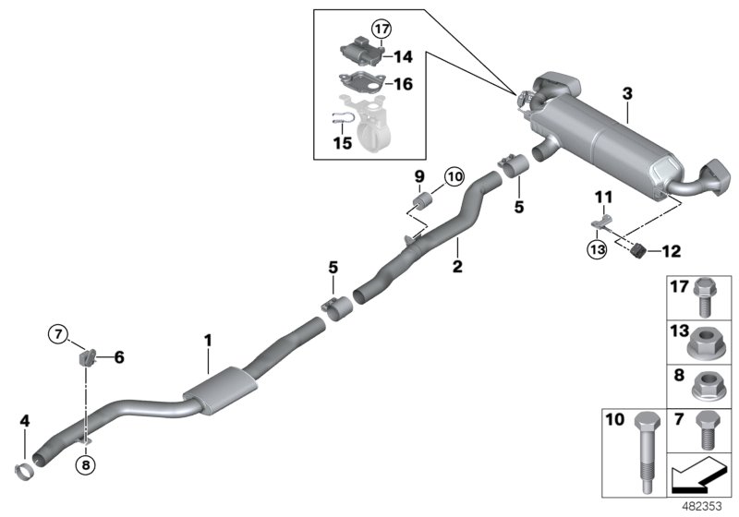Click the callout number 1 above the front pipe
(209, 341)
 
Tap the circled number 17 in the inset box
(382, 28)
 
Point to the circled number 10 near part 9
(454, 175)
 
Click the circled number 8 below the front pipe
(86, 465)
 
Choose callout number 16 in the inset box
(403, 83)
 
